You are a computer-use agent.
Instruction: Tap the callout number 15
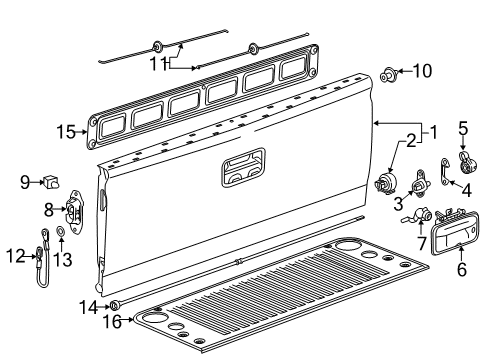(x=65, y=131)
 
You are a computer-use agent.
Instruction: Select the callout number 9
(x=25, y=181)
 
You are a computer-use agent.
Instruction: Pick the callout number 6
(x=461, y=269)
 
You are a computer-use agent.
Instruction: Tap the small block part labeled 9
(x=52, y=182)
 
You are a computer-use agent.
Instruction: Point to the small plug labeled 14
(x=115, y=304)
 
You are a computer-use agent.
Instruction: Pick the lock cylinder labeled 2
(x=384, y=184)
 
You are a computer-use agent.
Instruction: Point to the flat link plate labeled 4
(x=443, y=176)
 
